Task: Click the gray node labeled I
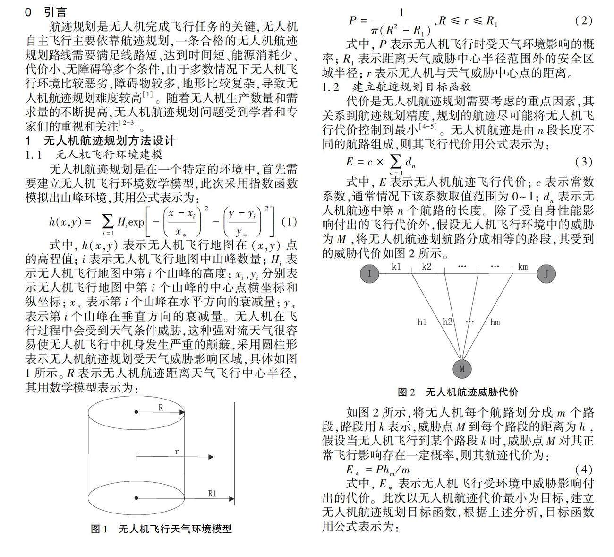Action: pyautogui.click(x=370, y=273)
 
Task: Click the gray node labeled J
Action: pyautogui.click(x=546, y=274)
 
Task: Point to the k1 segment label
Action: pyautogui.click(x=396, y=267)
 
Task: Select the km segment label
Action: pyautogui.click(x=522, y=267)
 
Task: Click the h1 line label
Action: pyautogui.click(x=422, y=322)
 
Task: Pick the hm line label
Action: pyautogui.click(x=495, y=322)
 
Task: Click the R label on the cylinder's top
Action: pyautogui.click(x=161, y=407)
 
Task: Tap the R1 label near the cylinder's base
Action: pyautogui.click(x=213, y=493)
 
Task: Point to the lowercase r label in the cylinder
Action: pyautogui.click(x=177, y=452)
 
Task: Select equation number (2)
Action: pyautogui.click(x=583, y=20)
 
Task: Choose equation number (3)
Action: pyautogui.click(x=583, y=162)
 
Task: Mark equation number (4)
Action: pyautogui.click(x=583, y=470)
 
